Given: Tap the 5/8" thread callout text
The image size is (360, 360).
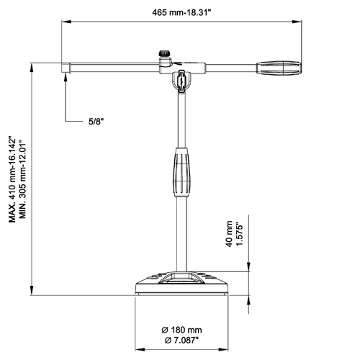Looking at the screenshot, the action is point(96,122).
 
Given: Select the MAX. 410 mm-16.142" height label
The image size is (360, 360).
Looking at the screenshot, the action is point(12,179).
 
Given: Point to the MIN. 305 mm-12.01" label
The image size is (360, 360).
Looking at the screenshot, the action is point(22,179).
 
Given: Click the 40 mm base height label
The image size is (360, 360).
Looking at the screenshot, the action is point(229,234).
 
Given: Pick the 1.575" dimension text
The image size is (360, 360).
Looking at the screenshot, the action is point(240,235).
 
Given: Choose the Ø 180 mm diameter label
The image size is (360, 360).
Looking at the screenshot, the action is point(181,330).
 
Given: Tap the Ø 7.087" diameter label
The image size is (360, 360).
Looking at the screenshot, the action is point(181,340).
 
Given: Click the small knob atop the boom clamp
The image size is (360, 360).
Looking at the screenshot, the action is point(164,53).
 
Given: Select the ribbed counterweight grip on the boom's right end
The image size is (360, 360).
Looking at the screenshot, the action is point(279,68).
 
